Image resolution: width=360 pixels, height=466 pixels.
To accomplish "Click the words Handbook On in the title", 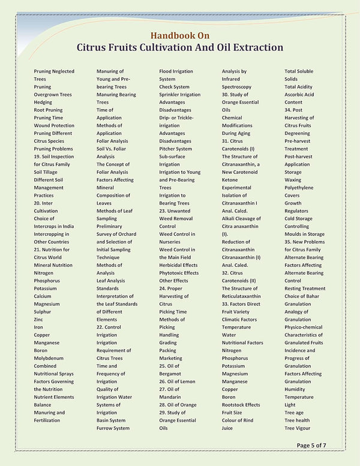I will click(x=179, y=35).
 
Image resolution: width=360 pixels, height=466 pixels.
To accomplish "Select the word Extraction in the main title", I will click(x=254, y=47).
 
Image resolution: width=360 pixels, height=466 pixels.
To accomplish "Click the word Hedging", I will click(x=43, y=103).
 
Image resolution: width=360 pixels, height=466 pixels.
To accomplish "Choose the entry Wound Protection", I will click(x=54, y=126).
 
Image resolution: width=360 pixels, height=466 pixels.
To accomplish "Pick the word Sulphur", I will click(x=43, y=312).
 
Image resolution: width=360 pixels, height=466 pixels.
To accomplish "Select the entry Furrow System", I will click(x=113, y=428).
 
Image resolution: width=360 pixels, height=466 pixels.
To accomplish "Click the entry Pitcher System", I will click(x=176, y=149).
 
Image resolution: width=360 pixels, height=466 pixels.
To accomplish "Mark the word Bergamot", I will click(x=171, y=374).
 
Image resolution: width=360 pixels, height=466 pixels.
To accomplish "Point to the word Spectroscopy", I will click(x=236, y=87).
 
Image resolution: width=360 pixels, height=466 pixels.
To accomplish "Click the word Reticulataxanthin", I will click(x=241, y=296).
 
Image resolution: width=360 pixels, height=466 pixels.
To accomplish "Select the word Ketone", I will click(x=230, y=180).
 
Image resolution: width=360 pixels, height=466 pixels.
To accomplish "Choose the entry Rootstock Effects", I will click(x=241, y=405).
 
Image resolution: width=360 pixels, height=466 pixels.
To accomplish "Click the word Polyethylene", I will click(x=299, y=188).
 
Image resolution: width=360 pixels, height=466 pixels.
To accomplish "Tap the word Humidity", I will click(x=295, y=389).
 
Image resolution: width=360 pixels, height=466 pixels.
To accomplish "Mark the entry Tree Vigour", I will click(x=297, y=428).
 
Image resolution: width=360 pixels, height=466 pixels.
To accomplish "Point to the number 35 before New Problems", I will click(x=288, y=242).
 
